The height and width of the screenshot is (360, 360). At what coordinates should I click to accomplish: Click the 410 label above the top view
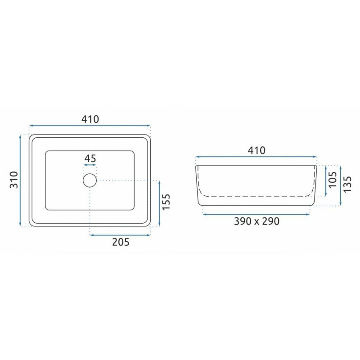[x=90, y=119]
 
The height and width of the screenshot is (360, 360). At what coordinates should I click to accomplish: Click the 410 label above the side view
[x=256, y=151]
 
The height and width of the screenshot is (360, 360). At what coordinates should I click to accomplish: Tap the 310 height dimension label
[x=14, y=180]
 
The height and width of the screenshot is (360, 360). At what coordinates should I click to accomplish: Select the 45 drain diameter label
[x=90, y=158]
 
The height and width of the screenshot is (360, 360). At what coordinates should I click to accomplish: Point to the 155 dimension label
[x=166, y=202]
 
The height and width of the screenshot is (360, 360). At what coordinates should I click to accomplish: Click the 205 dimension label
[x=121, y=242]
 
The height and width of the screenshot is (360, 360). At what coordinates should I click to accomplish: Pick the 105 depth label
[x=333, y=180]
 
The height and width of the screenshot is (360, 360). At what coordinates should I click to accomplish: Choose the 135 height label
[x=347, y=184]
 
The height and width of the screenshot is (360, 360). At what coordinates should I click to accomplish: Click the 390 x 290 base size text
[x=256, y=221]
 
